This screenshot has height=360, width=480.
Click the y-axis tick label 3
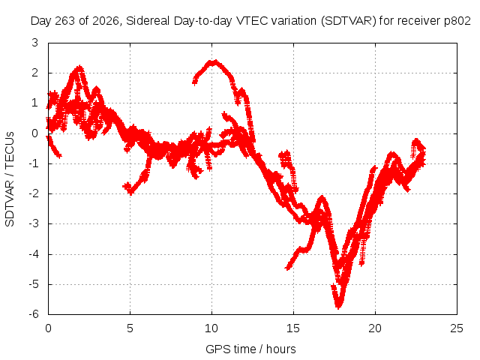click(35, 43)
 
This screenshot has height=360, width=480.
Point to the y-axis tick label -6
click(34, 314)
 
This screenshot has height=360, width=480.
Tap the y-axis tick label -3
click(34, 223)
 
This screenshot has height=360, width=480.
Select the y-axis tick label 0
click(35, 133)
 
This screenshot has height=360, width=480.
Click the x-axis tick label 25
click(457, 328)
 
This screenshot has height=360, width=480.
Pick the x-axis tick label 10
click(211, 328)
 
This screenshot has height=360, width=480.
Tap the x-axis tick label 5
click(130, 328)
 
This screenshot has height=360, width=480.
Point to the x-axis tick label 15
click(293, 328)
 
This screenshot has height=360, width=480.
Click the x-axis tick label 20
click(375, 328)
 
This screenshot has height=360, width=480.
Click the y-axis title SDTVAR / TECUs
click(10, 179)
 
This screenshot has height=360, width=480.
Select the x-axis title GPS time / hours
click(250, 349)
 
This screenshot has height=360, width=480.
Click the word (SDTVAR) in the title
click(349, 21)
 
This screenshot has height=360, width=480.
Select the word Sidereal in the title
click(148, 21)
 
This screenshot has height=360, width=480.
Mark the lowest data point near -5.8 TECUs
click(338, 307)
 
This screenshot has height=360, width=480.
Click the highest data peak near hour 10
click(215, 62)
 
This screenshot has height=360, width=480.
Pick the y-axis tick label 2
click(35, 73)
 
